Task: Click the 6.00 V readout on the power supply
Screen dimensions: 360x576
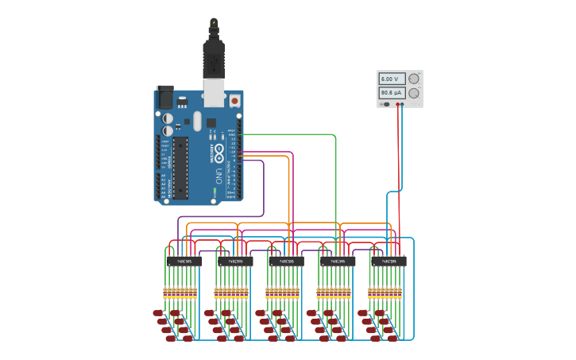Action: pos(392,79)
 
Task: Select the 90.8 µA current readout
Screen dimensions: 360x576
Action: pos(392,93)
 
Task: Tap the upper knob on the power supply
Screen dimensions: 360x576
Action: pos(413,79)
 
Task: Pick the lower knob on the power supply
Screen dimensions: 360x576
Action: pos(413,93)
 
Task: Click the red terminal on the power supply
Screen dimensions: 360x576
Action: pos(397,104)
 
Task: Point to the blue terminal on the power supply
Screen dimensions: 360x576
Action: pos(402,104)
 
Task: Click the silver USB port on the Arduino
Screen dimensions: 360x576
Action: pos(214,93)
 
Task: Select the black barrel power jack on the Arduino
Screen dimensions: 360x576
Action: pos(164,96)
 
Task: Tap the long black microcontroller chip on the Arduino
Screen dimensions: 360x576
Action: pos(180,167)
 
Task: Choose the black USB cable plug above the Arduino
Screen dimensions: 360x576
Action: pos(214,56)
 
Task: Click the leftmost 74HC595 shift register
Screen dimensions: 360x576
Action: pos(184,261)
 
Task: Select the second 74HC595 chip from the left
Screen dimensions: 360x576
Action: pos(235,261)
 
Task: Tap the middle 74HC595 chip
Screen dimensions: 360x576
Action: pos(286,261)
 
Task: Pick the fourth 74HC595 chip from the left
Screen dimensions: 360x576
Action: pos(338,261)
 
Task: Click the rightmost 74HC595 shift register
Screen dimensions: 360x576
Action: pos(389,261)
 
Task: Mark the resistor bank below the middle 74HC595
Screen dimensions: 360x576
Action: pos(283,292)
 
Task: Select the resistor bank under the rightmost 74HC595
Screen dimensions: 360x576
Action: pos(385,292)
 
